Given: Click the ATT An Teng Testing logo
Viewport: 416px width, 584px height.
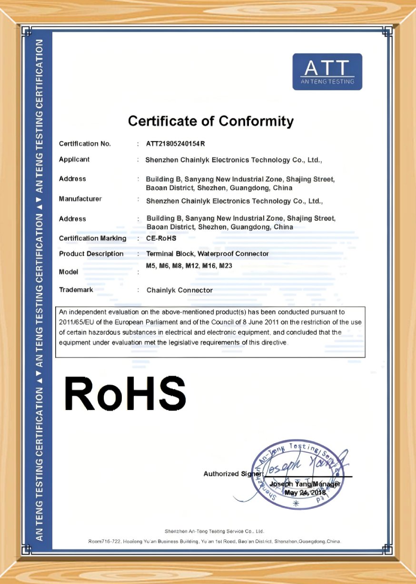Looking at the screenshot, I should point(327,72).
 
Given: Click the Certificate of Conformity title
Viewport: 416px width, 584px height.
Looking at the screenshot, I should point(210,121).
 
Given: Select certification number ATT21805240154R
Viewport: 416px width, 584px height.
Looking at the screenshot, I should point(176,144).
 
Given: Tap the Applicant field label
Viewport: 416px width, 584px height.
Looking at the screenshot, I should point(74,159).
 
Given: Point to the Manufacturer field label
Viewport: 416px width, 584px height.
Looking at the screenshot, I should point(80,199).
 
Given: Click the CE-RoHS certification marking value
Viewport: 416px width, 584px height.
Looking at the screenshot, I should point(162,238).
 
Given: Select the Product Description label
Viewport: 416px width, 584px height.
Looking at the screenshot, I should point(91,253).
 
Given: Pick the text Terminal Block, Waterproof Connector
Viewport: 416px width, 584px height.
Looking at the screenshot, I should point(208,253).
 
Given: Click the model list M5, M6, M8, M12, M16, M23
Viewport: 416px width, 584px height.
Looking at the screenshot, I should point(189,266).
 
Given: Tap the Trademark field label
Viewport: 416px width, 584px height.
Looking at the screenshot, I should point(76,290).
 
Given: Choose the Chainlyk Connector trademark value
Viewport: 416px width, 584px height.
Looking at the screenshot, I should point(179,290).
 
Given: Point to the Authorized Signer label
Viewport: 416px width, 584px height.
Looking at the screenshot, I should point(232,474).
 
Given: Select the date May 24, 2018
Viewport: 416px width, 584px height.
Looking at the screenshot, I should point(305,493).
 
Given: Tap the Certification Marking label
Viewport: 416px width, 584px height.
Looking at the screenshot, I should point(93,238).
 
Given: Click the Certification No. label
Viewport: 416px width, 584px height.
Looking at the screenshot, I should point(85,144).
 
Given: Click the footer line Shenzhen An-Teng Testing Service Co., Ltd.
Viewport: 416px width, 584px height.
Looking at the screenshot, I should point(214,531).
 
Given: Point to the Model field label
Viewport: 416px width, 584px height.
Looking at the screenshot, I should point(69,272).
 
